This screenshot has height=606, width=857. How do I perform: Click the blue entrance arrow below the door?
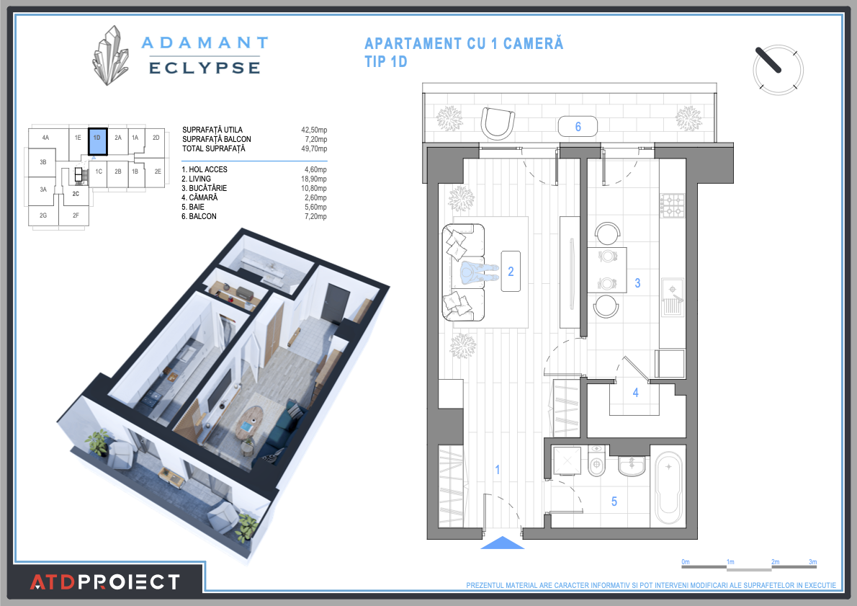pyautogui.click(x=502, y=543)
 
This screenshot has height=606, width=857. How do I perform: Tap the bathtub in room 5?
pyautogui.click(x=669, y=488)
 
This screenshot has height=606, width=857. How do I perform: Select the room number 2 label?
pyautogui.click(x=511, y=272)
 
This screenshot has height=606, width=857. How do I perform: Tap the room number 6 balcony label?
pyautogui.click(x=578, y=127)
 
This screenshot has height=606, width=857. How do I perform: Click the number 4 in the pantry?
pyautogui.click(x=635, y=393)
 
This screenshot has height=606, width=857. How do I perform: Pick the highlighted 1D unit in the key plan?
pyautogui.click(x=97, y=141)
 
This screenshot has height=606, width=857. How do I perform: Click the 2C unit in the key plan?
pyautogui.click(x=76, y=194)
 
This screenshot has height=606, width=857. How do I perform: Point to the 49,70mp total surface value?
pyautogui.click(x=314, y=148)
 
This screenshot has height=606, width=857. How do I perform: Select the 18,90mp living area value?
pyautogui.click(x=314, y=179)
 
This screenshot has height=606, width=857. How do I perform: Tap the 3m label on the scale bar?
pyautogui.click(x=813, y=561)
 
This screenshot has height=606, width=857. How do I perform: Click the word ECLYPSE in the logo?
pyautogui.click(x=204, y=68)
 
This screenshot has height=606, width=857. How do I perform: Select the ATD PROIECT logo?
pyautogui.click(x=104, y=582)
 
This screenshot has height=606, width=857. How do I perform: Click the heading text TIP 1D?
pyautogui.click(x=386, y=62)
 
